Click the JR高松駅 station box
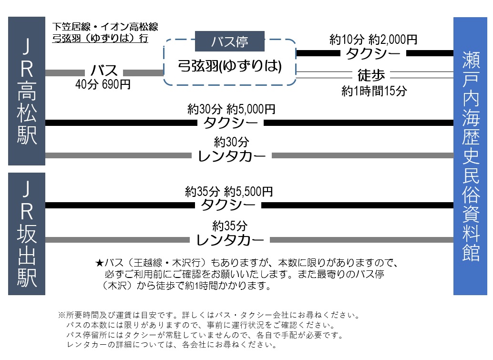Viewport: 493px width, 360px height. [27, 91]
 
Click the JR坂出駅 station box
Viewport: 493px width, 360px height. [27, 234]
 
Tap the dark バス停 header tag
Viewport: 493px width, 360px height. [230, 41]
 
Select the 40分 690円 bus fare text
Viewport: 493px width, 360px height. [103, 84]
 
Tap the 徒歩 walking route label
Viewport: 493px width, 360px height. [374, 75]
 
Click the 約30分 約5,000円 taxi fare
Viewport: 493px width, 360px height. [231, 110]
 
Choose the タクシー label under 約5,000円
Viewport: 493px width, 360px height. [231, 123]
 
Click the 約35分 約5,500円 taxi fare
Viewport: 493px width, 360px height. [229, 192]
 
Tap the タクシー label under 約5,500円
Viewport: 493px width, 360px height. [228, 206]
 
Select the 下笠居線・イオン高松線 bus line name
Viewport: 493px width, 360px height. [105, 27]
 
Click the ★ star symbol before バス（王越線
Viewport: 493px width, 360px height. [99, 263]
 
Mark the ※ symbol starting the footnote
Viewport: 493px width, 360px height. [61, 315]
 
